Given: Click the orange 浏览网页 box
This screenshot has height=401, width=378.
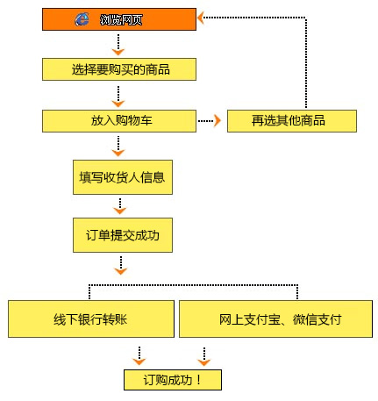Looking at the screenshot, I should click(118, 18).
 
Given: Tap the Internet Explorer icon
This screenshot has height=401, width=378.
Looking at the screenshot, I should click(82, 18).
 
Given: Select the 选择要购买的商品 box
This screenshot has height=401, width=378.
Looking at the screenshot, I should click(118, 68).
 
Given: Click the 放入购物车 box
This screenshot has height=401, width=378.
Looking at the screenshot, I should click(118, 120).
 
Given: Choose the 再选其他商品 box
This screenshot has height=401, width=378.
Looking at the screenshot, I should click(291, 120).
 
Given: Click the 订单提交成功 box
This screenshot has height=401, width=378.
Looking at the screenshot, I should click(121, 235).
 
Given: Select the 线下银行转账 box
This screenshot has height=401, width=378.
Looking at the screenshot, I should click(90, 319).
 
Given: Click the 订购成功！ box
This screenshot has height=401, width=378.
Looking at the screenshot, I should click(172, 380).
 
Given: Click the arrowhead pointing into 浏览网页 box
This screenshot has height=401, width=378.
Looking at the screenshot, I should click(201, 17).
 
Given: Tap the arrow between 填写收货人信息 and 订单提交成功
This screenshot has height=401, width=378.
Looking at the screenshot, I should click(121, 206).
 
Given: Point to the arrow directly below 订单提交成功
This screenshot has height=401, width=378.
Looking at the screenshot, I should click(121, 266).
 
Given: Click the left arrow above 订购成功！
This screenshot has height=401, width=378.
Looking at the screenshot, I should click(139, 354).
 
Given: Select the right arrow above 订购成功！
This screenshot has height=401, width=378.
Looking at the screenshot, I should click(204, 354).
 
